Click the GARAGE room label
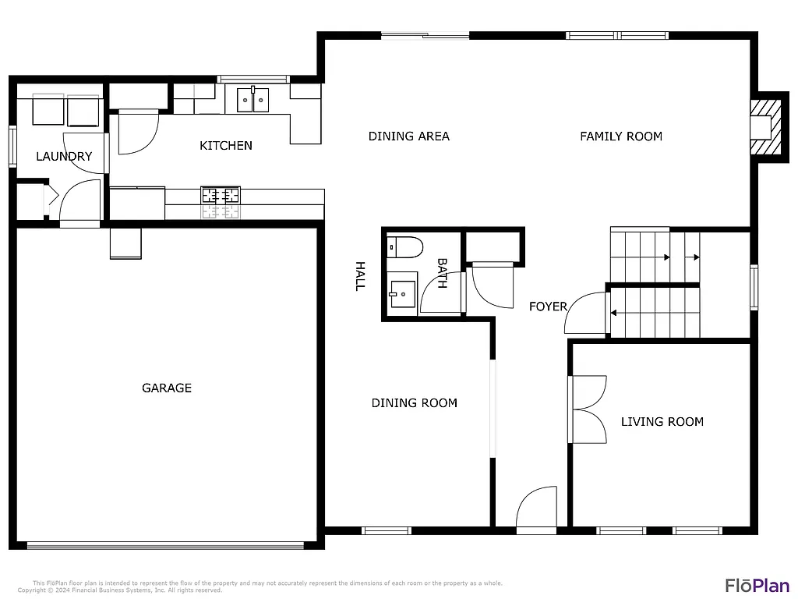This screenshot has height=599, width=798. [167, 388]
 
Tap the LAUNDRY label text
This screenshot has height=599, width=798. [64, 156]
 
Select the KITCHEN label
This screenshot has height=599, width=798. [226, 145]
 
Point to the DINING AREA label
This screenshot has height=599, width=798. [409, 136]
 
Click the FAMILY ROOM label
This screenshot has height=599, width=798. [621, 136]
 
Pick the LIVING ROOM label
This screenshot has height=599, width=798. [662, 421]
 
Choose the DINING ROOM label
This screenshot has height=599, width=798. [414, 402]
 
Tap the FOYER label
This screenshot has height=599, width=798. [548, 307]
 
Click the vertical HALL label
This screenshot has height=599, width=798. [360, 276]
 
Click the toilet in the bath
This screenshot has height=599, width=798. [404, 247]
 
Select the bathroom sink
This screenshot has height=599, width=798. [403, 294]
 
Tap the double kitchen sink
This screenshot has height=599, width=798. [252, 99]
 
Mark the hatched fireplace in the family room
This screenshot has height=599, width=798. [764, 127]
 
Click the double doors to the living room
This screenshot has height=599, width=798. [588, 409]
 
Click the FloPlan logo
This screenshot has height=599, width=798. [757, 585]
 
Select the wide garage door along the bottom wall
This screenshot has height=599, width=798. [165, 545]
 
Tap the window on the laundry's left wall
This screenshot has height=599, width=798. [12, 146]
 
